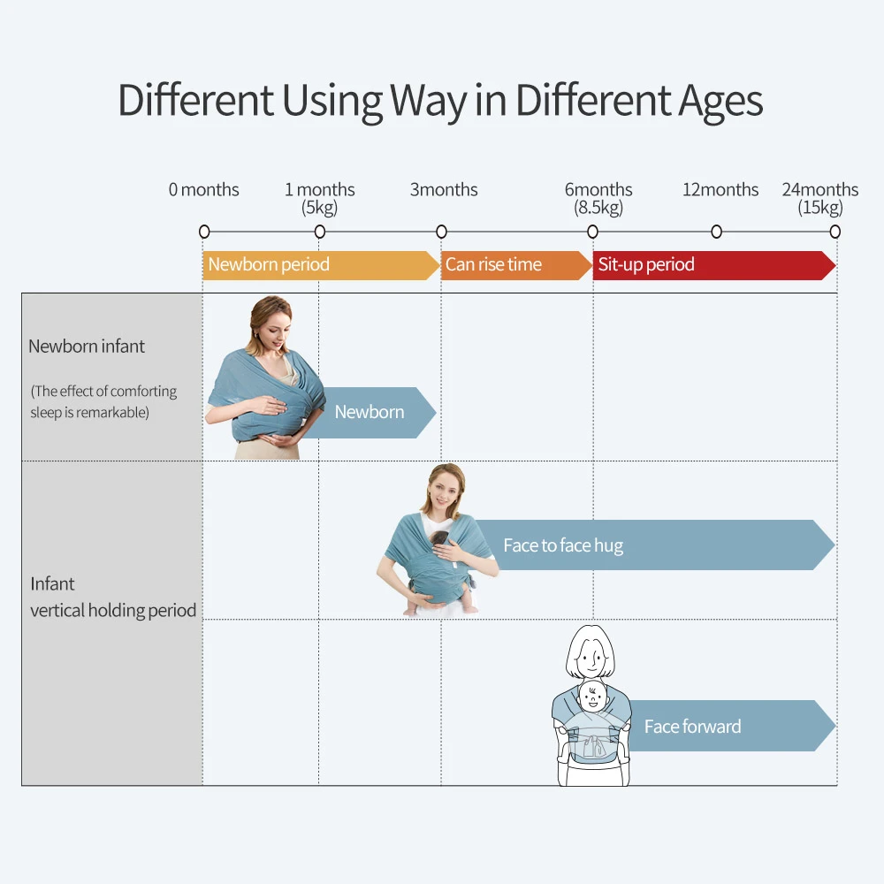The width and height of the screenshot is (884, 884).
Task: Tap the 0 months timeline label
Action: [203, 189]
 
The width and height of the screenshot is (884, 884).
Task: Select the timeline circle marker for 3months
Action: [441, 232]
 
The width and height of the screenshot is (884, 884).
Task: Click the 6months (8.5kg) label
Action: [598, 198]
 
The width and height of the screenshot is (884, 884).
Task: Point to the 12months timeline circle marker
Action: [717, 232]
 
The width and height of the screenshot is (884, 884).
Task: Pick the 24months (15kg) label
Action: [820, 198]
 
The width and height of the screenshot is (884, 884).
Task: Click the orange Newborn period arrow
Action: [321, 265]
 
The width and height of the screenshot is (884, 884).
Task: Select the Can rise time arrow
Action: [516, 265]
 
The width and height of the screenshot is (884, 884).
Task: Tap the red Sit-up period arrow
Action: [714, 265]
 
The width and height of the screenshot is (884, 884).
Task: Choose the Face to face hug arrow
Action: [654, 545]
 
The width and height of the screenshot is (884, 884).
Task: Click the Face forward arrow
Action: [731, 726]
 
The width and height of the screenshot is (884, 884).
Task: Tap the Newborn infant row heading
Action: [87, 347]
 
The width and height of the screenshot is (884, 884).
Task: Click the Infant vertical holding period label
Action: [113, 597]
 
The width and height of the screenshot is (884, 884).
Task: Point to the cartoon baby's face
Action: [592, 697]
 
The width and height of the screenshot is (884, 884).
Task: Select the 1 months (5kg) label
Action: [320, 198]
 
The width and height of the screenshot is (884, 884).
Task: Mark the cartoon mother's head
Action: [591, 652]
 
